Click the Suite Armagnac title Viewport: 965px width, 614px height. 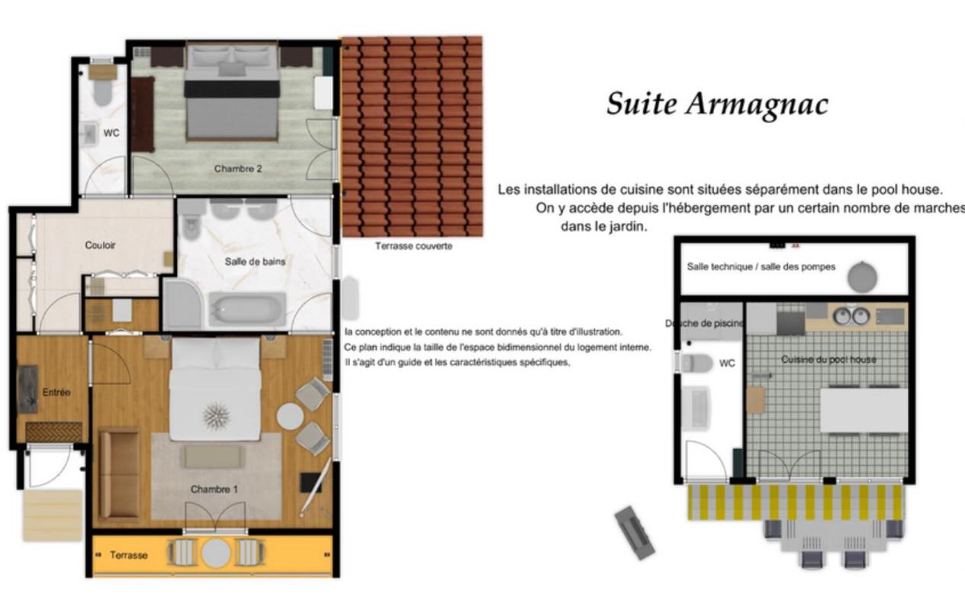(x=716, y=104)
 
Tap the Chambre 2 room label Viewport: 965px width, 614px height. (x=237, y=169)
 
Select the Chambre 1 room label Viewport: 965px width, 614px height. (x=214, y=489)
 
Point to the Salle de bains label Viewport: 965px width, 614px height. (x=255, y=261)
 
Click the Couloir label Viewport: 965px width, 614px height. (x=100, y=245)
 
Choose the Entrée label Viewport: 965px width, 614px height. (x=56, y=393)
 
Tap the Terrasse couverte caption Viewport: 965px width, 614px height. (x=413, y=246)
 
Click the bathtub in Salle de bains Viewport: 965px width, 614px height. (x=247, y=310)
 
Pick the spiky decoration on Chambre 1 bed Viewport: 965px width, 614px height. (x=217, y=416)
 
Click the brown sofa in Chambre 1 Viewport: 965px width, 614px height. (x=119, y=473)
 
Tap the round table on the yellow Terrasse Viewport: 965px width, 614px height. (x=216, y=553)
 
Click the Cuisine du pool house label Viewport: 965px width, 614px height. (x=828, y=359)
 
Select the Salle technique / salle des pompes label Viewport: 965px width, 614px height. (x=761, y=267)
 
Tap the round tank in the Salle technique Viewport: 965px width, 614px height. (x=863, y=276)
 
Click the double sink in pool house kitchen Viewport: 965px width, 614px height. (x=851, y=315)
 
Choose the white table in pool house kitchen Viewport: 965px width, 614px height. (x=864, y=411)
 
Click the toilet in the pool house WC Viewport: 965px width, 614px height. (x=696, y=363)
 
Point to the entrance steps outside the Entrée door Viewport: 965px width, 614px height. (x=52, y=515)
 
